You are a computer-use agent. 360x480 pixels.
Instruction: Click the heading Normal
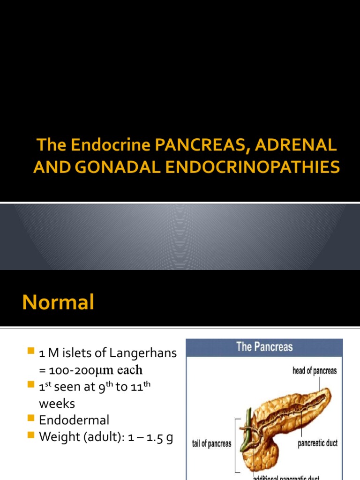pyautogui.click(x=58, y=302)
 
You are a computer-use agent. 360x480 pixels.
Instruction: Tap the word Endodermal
pyautogui.click(x=74, y=420)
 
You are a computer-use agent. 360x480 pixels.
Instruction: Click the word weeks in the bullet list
pyautogui.click(x=57, y=404)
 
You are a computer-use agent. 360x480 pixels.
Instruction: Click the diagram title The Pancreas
pyautogui.click(x=264, y=347)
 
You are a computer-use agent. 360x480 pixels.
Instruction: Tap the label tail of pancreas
pyautogui.click(x=211, y=443)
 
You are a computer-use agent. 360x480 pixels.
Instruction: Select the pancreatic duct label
pyautogui.click(x=317, y=443)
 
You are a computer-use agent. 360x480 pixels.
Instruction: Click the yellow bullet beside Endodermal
pyautogui.click(x=31, y=419)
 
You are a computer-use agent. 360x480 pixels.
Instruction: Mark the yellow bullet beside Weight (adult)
pyautogui.click(x=31, y=435)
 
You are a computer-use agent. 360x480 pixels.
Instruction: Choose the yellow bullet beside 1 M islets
pyautogui.click(x=31, y=352)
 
